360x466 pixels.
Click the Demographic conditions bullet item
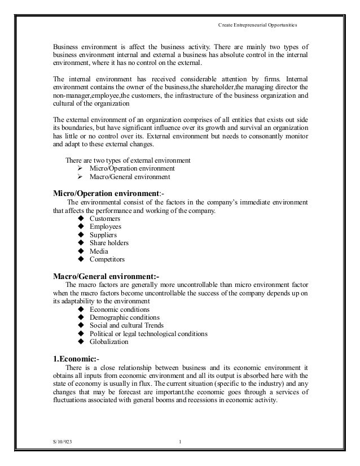pos(124,317)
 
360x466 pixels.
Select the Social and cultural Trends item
pos(126,325)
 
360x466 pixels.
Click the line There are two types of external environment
pos(128,160)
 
